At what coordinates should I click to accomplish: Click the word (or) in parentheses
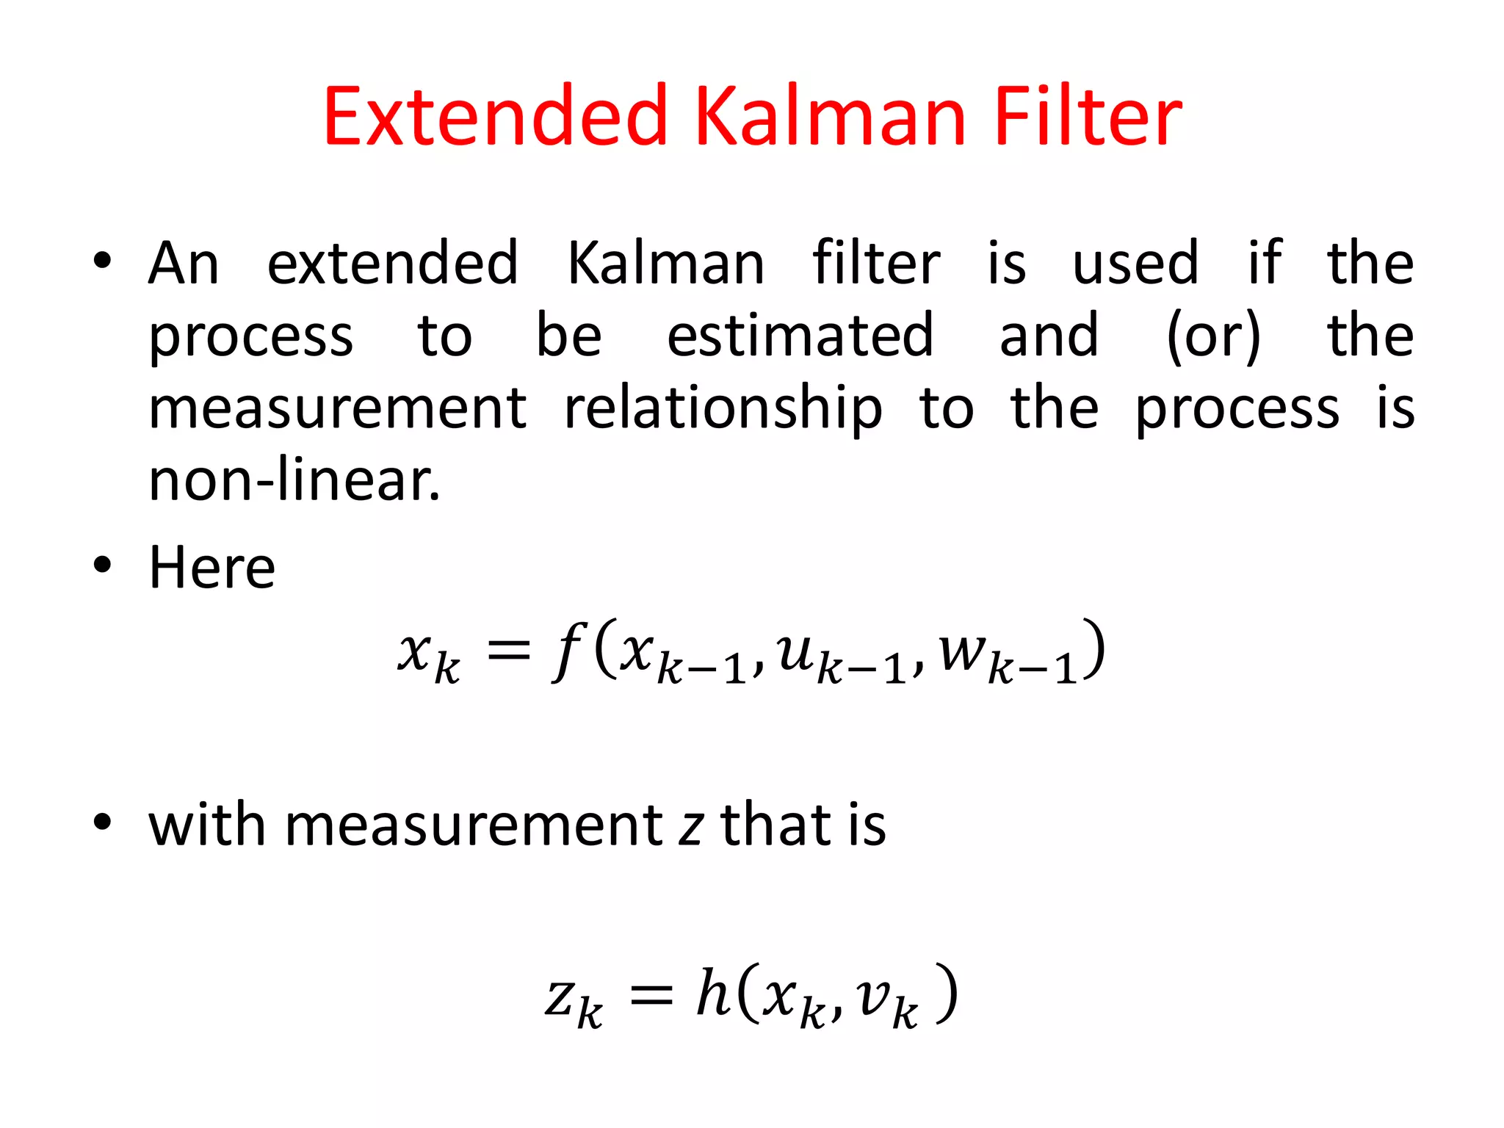(1213, 336)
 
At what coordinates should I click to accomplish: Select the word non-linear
(294, 480)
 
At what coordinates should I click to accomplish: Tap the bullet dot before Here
(102, 565)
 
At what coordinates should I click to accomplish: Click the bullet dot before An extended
(102, 260)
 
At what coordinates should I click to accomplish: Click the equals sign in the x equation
(508, 650)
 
